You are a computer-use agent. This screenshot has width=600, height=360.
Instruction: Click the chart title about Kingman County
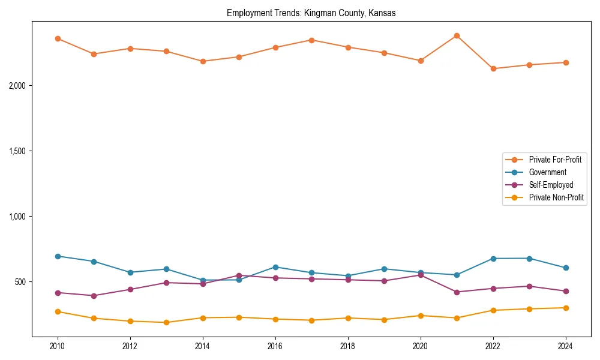click(x=311, y=13)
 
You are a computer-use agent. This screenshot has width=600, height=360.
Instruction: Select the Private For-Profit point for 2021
click(x=457, y=35)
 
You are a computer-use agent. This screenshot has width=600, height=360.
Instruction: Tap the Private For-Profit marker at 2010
click(x=58, y=38)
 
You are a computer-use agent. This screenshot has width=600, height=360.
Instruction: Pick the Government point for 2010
click(x=58, y=256)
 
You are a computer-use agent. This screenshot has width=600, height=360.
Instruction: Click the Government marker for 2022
click(x=493, y=259)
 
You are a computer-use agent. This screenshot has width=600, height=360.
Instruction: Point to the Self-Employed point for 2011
click(x=94, y=296)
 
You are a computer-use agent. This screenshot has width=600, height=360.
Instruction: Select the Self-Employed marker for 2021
click(x=457, y=292)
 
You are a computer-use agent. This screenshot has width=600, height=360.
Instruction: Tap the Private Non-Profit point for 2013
click(x=166, y=322)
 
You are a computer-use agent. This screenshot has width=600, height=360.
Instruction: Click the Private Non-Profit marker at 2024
click(x=566, y=308)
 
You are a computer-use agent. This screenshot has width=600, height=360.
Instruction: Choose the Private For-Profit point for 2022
click(x=493, y=68)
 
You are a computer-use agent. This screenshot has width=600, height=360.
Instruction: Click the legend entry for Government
click(x=547, y=172)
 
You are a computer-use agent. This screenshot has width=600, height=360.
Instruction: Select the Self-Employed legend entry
click(x=551, y=185)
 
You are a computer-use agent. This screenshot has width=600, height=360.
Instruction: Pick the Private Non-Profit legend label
click(x=556, y=197)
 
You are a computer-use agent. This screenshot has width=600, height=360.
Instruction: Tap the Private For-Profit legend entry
click(x=555, y=160)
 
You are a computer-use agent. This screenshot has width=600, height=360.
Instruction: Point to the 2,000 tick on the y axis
click(x=17, y=86)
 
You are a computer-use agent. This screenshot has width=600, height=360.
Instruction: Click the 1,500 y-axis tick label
click(x=17, y=151)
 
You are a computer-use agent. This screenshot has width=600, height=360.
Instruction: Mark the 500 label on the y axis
click(x=20, y=282)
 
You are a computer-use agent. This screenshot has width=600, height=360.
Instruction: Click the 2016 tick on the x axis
click(x=275, y=346)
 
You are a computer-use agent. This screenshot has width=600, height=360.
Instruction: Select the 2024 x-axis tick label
click(x=566, y=346)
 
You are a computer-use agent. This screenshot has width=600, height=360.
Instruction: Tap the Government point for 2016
click(x=275, y=267)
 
